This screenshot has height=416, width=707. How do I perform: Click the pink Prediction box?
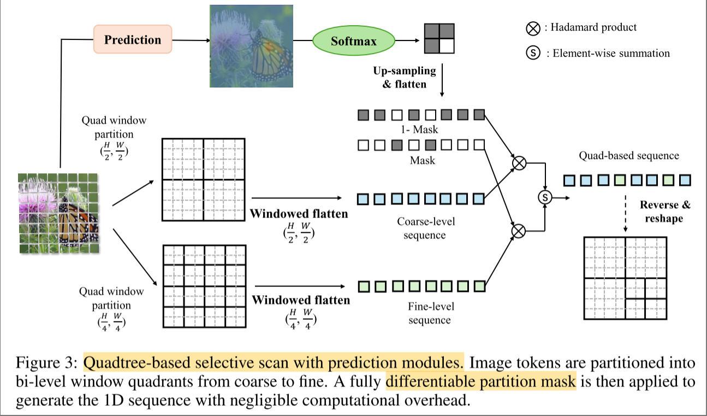point(133,40)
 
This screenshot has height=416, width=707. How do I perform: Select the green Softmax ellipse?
point(353,41)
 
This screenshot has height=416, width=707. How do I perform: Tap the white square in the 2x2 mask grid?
point(447,46)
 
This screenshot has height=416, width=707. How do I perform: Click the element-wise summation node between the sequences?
point(545,197)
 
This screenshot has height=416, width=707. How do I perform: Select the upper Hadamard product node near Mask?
point(519,163)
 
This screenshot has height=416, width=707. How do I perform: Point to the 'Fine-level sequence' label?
point(429,313)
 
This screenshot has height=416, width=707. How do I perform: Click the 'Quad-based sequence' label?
point(628,156)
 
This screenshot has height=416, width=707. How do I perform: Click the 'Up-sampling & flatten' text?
point(405,77)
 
